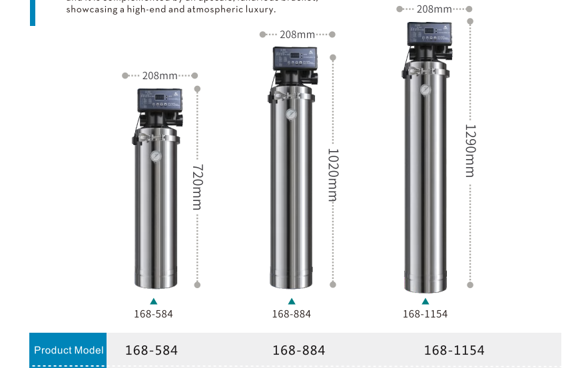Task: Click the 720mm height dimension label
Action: pyautogui.click(x=197, y=187)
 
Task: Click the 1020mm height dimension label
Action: pyautogui.click(x=333, y=174)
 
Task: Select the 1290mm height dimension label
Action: pyautogui.click(x=470, y=150)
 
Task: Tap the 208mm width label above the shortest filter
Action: pyautogui.click(x=160, y=76)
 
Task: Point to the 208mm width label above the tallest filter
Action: pyautogui.click(x=434, y=9)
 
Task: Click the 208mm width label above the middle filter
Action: pyautogui.click(x=298, y=35)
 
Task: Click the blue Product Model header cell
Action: pyautogui.click(x=68, y=350)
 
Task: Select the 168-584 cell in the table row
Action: pyautogui.click(x=152, y=350)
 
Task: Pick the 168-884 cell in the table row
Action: pyautogui.click(x=299, y=350)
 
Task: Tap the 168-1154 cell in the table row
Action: pyautogui.click(x=454, y=350)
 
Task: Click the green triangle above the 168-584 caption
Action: pyautogui.click(x=154, y=302)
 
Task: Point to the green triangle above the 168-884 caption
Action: pyautogui.click(x=292, y=302)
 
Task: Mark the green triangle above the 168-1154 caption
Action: pyautogui.click(x=426, y=302)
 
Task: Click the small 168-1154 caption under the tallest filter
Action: pyautogui.click(x=425, y=314)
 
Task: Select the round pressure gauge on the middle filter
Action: pyautogui.click(x=290, y=114)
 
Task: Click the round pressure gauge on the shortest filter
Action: pyautogui.click(x=155, y=156)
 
